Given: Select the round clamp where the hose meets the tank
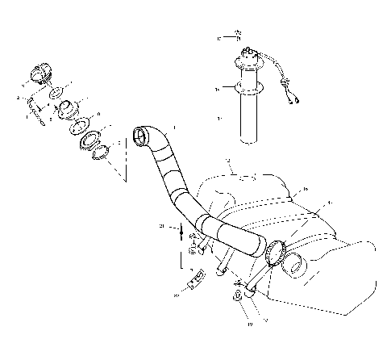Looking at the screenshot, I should pos(275,252).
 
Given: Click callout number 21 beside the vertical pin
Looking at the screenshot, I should pos(163,228).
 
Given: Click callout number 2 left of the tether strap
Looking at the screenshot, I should pos(17,98).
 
